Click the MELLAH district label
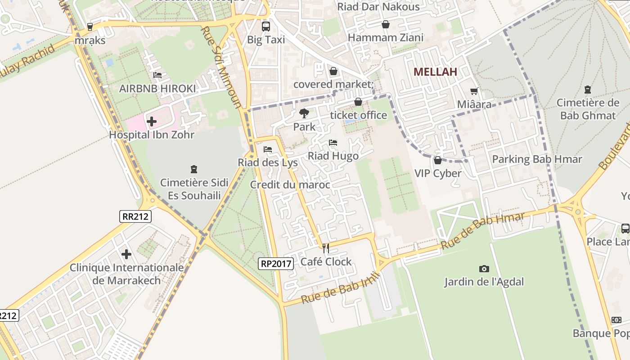point(435,72)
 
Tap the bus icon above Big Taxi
point(266,26)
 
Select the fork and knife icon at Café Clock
point(326,248)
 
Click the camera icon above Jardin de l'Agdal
point(484,269)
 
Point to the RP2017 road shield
point(276,264)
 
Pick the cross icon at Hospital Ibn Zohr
point(152,121)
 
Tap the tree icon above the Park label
point(304,113)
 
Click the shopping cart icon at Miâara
point(474,91)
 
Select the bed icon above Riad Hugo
point(333,143)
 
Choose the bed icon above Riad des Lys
point(268,149)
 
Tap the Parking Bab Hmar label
point(537,159)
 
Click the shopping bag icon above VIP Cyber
point(437,160)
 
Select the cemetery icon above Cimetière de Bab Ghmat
point(587,90)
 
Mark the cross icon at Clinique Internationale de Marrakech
point(126,254)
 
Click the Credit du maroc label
point(290,184)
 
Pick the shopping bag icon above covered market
point(333,71)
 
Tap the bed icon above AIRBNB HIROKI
point(157,75)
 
